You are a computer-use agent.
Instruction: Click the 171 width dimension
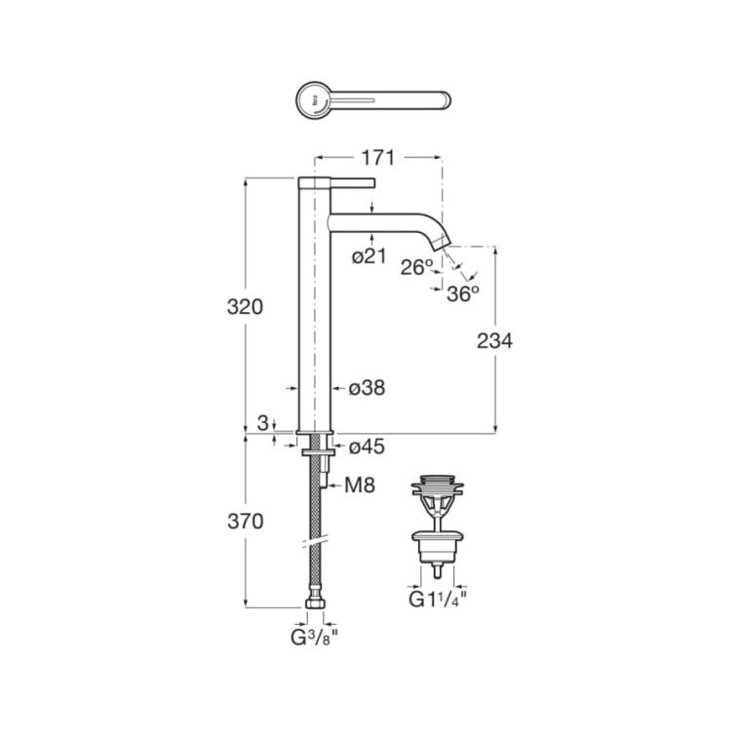378,158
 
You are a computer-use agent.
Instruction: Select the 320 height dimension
245,307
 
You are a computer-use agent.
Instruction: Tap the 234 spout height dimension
494,340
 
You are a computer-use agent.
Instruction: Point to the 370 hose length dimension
246,522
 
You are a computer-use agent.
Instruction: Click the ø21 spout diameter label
370,256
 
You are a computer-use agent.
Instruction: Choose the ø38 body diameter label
368,388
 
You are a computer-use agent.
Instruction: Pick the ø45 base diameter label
368,447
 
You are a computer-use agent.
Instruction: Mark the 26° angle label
417,267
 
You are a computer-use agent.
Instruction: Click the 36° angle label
463,293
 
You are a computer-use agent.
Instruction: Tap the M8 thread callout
360,485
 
